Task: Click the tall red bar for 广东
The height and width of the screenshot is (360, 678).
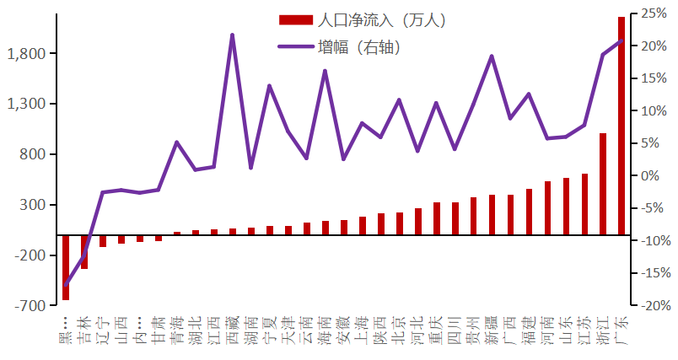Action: [x=621, y=126]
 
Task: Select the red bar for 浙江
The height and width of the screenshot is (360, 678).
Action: [x=603, y=184]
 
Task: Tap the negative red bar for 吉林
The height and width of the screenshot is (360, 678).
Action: [x=84, y=252]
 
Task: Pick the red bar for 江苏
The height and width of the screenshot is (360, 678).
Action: [x=584, y=204]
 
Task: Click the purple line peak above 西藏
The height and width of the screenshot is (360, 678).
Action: [x=233, y=35]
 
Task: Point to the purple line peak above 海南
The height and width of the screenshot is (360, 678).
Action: [x=326, y=71]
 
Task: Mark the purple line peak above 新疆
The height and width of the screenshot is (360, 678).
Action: [x=492, y=56]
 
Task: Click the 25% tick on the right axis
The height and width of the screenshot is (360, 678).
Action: [x=653, y=13]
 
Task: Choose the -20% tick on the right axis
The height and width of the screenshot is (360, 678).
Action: [x=653, y=305]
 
